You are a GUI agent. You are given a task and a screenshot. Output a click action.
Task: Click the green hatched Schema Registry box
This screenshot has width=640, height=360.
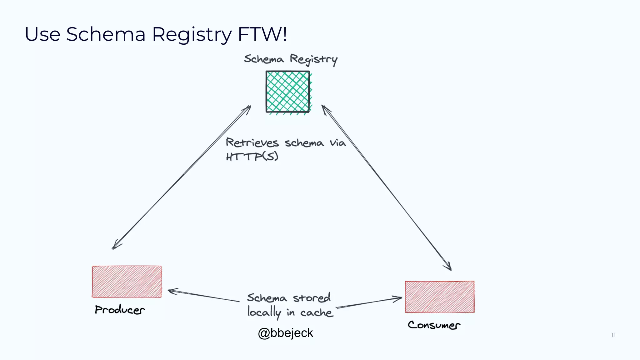288,92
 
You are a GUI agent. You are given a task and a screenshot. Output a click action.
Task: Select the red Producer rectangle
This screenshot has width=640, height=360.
127,282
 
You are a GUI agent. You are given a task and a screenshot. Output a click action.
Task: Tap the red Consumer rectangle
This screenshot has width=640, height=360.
440,297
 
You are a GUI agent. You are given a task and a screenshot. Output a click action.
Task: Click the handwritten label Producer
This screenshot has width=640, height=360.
120,310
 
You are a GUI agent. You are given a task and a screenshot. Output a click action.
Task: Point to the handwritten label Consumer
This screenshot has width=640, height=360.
434,325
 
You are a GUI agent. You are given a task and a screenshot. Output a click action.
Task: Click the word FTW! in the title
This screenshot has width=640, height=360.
262,34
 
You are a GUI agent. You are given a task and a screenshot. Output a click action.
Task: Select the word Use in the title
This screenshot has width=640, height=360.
42,34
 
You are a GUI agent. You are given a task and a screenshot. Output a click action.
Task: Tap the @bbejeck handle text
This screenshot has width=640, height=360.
285,333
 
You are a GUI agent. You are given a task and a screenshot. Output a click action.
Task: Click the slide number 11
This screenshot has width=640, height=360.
613,335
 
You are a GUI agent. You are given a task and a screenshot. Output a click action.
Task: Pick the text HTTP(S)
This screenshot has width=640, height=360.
252,156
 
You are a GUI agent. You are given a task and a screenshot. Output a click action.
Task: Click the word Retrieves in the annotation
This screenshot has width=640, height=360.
252,142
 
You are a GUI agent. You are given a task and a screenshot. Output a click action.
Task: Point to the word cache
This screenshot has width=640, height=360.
316,312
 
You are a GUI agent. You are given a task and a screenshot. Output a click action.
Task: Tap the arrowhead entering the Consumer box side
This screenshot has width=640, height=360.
399,299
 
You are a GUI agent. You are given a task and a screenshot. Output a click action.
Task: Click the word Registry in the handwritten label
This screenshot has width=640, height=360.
313,59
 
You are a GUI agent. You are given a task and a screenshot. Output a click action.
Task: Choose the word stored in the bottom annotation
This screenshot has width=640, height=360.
312,297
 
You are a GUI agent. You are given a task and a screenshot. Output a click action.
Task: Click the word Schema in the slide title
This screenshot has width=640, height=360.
106,34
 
